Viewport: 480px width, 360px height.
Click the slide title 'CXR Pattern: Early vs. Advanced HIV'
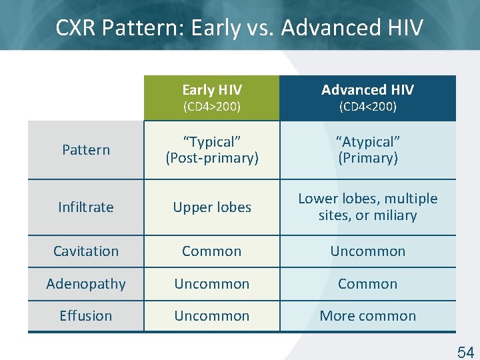click(239, 28)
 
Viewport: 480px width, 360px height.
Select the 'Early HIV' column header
click(212, 90)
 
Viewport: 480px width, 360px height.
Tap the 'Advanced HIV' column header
click(367, 90)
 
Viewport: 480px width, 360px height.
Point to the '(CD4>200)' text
click(212, 107)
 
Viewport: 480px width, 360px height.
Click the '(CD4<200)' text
click(367, 107)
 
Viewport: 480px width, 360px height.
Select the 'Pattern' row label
click(86, 150)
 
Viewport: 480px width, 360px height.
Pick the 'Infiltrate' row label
click(86, 207)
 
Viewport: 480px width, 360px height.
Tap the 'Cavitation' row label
click(86, 251)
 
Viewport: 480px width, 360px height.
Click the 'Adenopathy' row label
click(86, 284)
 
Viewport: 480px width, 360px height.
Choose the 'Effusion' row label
click(86, 316)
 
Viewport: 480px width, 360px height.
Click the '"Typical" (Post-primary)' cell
click(212, 150)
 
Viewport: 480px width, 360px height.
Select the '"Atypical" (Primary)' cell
click(367, 150)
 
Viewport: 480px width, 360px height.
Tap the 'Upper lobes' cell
click(212, 207)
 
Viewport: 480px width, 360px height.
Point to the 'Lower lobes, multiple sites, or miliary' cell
click(367, 207)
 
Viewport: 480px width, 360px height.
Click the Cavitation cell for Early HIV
click(212, 251)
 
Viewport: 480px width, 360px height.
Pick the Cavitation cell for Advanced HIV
click(367, 251)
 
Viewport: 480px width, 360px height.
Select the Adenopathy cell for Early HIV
click(212, 284)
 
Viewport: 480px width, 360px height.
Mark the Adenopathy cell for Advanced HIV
click(367, 284)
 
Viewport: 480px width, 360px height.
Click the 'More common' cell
click(367, 316)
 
